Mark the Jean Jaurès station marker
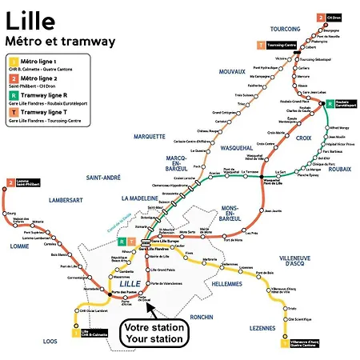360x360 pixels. coord(265,210)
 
